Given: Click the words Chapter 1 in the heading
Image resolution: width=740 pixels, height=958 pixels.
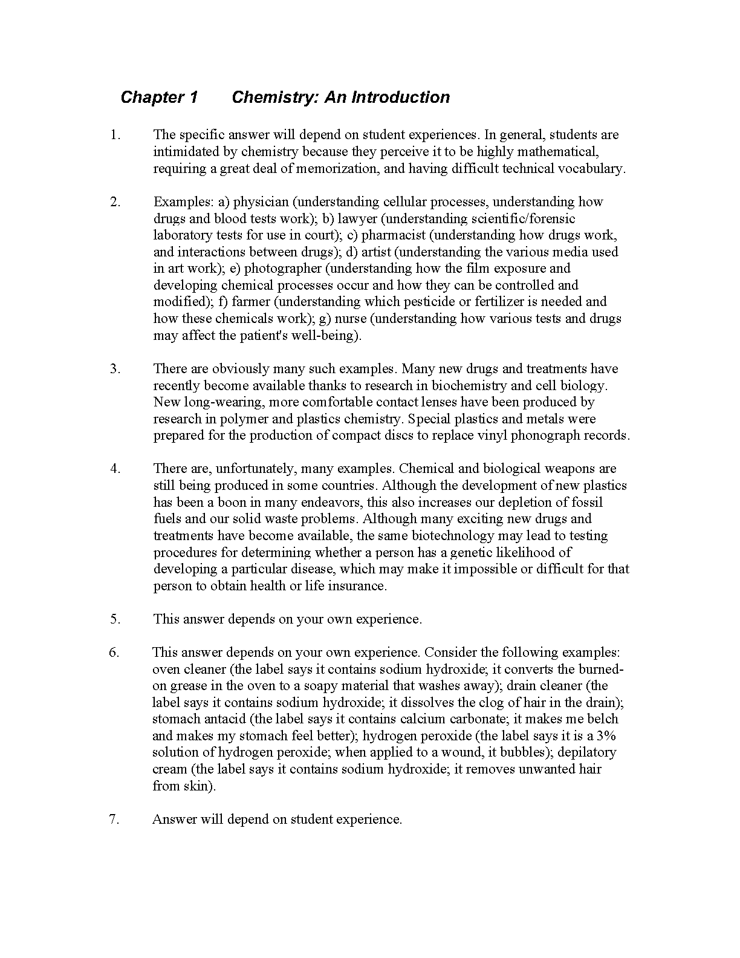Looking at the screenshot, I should pos(159,97).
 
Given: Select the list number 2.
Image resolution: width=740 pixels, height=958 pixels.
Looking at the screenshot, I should pos(115,202).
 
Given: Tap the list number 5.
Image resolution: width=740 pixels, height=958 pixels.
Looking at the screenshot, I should pos(115,619).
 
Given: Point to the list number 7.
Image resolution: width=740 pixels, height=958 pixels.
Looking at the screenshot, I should pos(115,820).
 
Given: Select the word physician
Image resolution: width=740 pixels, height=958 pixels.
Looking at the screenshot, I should pos(261,202).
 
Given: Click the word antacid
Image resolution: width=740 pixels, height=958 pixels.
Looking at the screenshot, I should pos(216,720).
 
